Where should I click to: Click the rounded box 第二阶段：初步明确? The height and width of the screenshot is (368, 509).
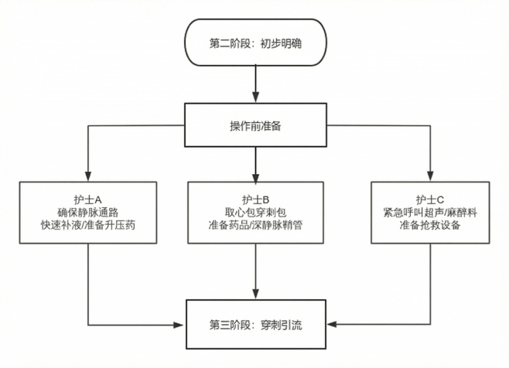pyautogui.click(x=254, y=43)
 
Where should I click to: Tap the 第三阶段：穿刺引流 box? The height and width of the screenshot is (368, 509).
pyautogui.click(x=254, y=324)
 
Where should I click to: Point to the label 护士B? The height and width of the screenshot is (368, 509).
pyautogui.click(x=254, y=197)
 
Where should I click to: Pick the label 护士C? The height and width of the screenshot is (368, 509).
pyautogui.click(x=429, y=197)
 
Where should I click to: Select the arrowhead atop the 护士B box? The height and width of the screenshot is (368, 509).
pyautogui.click(x=254, y=176)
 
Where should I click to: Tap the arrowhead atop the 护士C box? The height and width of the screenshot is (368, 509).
pyautogui.click(x=429, y=176)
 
